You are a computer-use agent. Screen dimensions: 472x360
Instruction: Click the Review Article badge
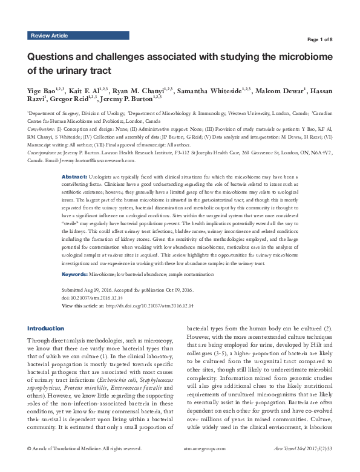point(50,36)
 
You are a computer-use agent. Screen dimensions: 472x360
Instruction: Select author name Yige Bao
point(41,90)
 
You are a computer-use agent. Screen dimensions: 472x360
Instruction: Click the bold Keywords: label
point(77,274)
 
